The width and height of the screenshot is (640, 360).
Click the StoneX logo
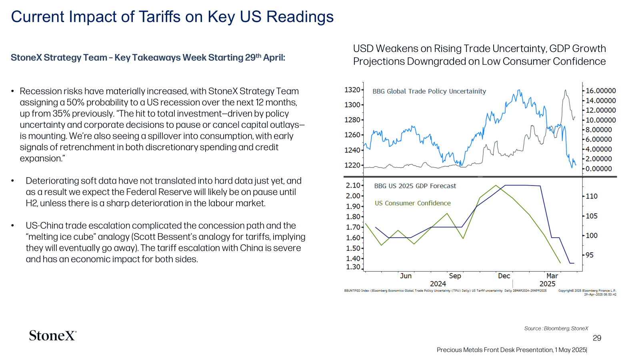click(52, 335)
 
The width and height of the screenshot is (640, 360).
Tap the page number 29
click(597, 338)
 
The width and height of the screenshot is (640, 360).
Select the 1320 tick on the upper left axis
click(352, 90)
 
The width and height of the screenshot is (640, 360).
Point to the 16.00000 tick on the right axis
click(601, 91)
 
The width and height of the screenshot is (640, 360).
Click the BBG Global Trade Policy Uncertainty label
click(429, 91)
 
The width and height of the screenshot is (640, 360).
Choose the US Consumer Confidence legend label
click(412, 203)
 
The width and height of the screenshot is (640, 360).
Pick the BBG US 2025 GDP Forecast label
click(415, 186)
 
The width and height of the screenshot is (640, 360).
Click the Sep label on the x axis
click(455, 276)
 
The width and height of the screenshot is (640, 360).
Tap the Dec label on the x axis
click(504, 276)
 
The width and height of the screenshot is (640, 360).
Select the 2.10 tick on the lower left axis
click(353, 185)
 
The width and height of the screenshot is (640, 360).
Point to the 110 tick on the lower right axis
click(592, 196)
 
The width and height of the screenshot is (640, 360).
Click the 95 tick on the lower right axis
click(590, 255)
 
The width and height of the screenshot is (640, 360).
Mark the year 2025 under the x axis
click(547, 284)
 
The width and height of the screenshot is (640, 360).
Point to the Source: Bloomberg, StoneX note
click(556, 328)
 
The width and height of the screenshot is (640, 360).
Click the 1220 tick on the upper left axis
click(352, 165)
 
